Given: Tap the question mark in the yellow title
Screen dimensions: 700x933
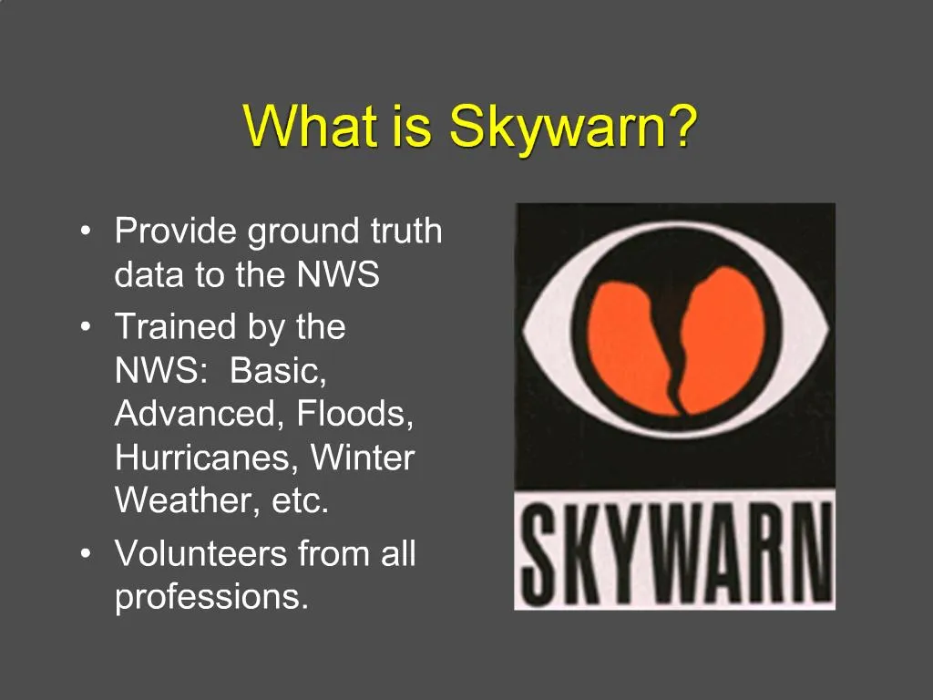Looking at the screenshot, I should point(683,126).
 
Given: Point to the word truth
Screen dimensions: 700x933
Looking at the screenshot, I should point(405,232).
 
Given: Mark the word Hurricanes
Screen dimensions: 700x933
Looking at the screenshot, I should point(206,458).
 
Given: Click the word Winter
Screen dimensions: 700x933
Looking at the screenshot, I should point(363,458).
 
